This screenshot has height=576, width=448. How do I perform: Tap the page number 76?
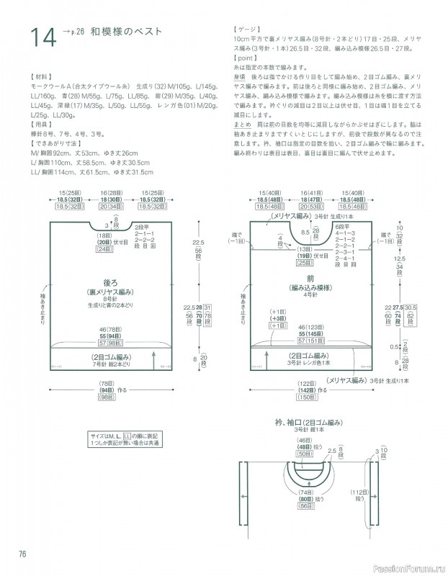21,552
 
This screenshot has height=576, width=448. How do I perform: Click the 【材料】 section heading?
41,75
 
